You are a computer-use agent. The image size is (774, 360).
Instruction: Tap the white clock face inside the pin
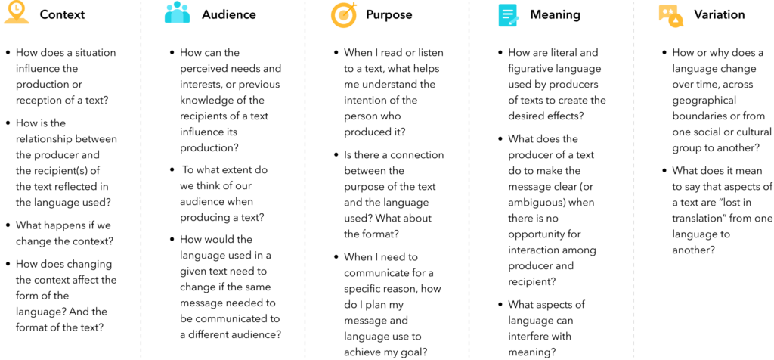pos(17,8)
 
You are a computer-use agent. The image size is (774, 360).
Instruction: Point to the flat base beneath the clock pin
pos(17,21)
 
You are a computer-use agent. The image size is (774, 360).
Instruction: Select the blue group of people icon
pos(177,12)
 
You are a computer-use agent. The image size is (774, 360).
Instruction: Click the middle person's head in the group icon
pos(177,5)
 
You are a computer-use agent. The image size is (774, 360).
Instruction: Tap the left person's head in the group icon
pos(169,8)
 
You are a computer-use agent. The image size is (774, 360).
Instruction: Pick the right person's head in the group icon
pos(184,8)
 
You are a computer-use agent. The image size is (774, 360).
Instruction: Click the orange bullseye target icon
pos(343,15)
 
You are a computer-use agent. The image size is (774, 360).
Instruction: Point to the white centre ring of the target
pos(343,15)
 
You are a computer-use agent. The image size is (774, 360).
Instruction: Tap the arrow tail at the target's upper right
pos(354,5)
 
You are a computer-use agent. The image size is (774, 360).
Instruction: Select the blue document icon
pos(507,15)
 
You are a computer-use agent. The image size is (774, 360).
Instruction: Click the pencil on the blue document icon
pos(514,20)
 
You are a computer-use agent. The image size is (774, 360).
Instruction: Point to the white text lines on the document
pos(507,13)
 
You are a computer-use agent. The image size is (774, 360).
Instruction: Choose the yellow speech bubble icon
pos(668,12)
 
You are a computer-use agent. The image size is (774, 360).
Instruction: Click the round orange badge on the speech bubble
pos(676,21)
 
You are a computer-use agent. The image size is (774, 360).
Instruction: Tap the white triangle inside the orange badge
pos(676,21)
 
